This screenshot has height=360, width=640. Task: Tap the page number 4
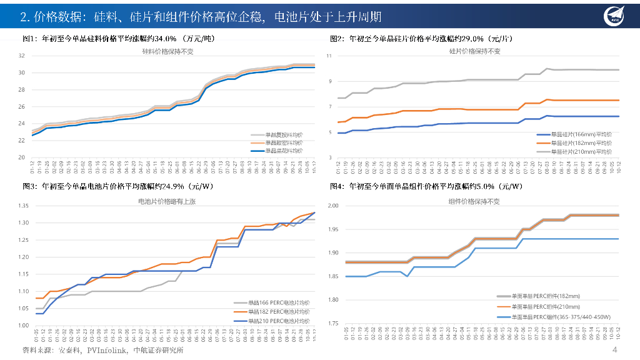(615, 349)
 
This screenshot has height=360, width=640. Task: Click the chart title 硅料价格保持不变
(168, 51)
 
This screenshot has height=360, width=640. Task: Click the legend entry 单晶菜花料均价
(284, 151)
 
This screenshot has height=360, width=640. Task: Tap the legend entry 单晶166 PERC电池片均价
(279, 303)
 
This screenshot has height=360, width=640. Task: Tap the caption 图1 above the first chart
(29, 39)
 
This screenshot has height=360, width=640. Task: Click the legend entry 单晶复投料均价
(284, 134)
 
